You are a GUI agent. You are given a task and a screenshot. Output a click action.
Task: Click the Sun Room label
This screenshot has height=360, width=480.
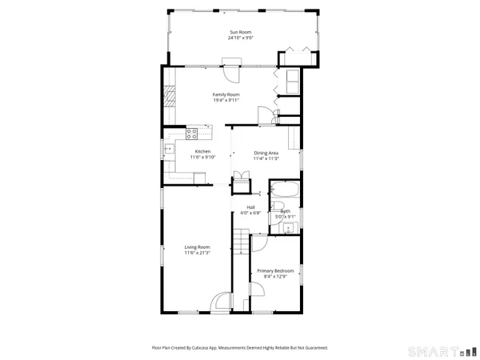(x=239, y=31)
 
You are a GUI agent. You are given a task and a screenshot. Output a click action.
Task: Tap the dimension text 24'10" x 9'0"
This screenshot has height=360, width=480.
(x=239, y=38)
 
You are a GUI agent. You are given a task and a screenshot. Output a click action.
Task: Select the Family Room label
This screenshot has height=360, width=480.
(x=226, y=94)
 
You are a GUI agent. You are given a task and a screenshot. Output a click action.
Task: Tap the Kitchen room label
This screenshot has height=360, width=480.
(x=203, y=151)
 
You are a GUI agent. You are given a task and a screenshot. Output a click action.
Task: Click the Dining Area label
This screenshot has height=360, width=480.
(x=266, y=153)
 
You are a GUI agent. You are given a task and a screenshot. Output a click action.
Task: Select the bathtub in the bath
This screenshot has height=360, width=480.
(x=284, y=193)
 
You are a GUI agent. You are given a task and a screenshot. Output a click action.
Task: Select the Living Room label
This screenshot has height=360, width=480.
(x=197, y=247)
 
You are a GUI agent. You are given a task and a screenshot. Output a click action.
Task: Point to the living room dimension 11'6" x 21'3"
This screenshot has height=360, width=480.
(x=197, y=254)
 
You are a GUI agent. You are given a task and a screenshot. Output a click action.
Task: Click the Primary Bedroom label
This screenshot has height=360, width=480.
(x=275, y=271)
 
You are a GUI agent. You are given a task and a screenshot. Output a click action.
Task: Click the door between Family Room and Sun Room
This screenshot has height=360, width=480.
(x=231, y=71)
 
